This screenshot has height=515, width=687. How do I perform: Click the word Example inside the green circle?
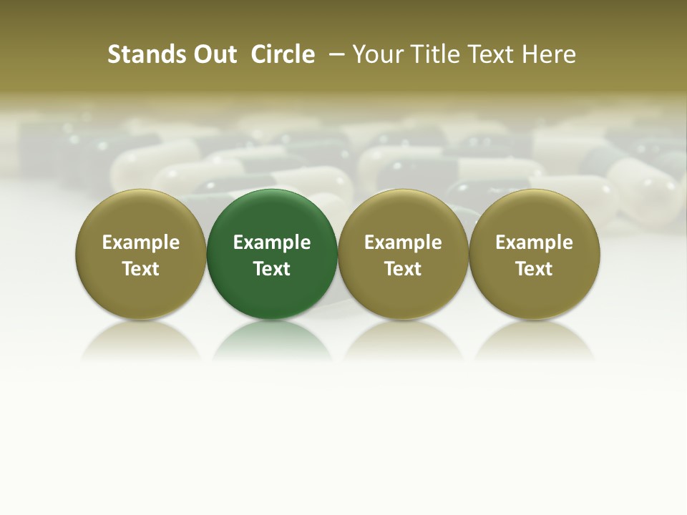point(272,242)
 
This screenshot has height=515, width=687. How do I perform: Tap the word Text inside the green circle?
point(272,269)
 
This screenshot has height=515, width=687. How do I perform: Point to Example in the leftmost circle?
point(140,242)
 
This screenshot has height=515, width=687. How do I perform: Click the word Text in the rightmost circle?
point(534,269)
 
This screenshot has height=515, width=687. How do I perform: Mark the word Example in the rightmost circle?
point(534,242)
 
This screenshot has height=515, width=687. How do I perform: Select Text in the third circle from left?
point(403,269)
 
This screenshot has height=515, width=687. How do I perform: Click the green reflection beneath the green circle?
point(272,340)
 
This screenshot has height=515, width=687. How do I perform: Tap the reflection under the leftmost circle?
point(140,340)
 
